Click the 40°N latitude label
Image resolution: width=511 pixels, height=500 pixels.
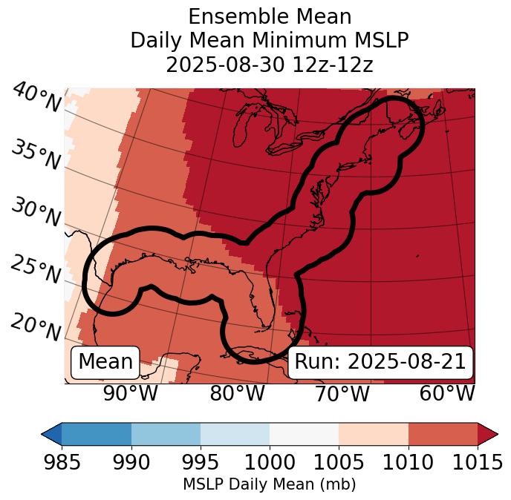tap(36, 99)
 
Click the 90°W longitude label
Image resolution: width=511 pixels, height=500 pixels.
tap(131, 393)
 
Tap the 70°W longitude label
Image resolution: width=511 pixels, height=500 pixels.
tap(342, 393)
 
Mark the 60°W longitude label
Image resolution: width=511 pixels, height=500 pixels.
tap(447, 393)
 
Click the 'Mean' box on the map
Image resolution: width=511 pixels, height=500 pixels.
tap(105, 362)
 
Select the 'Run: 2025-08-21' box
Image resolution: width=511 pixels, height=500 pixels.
tap(380, 362)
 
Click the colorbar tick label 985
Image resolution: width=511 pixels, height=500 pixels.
tap(62, 463)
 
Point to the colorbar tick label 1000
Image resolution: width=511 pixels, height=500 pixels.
tap(270, 463)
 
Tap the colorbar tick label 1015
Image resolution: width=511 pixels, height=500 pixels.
tap(478, 463)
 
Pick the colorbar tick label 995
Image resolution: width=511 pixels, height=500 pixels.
tap(201, 463)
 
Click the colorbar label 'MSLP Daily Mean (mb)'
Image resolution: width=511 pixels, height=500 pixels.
tap(269, 485)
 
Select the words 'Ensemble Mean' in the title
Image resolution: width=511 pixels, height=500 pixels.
tap(269, 16)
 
